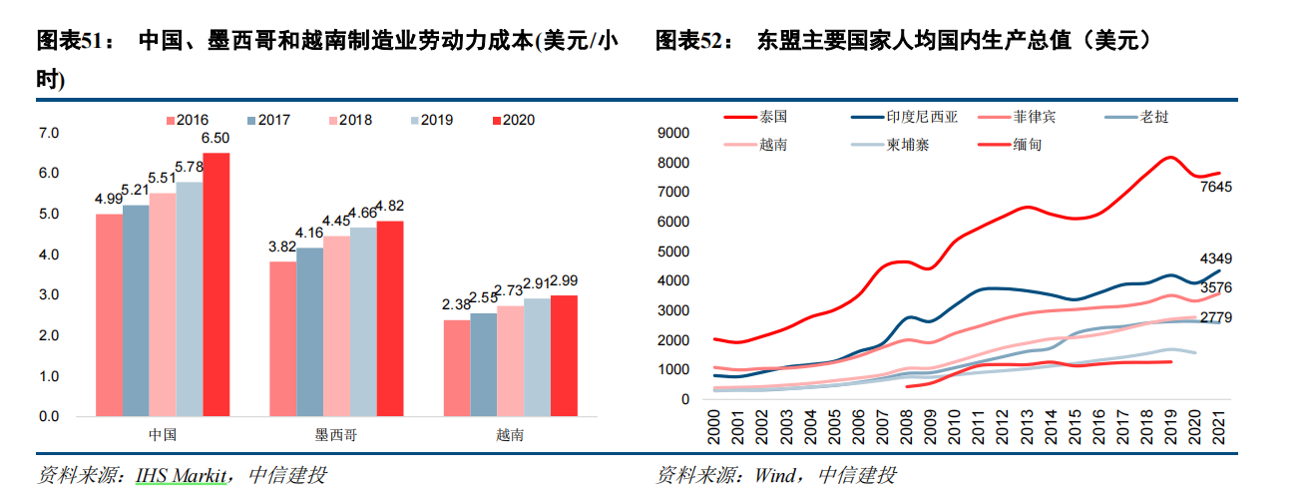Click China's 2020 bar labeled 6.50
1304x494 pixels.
217,283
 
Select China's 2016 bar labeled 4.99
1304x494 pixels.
109,314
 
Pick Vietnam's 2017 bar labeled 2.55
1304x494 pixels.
483,364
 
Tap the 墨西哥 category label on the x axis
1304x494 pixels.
323,436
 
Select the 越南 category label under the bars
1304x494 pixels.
510,436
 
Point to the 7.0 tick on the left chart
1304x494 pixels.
49,133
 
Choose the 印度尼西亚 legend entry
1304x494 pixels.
921,117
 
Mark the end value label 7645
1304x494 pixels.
1215,188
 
